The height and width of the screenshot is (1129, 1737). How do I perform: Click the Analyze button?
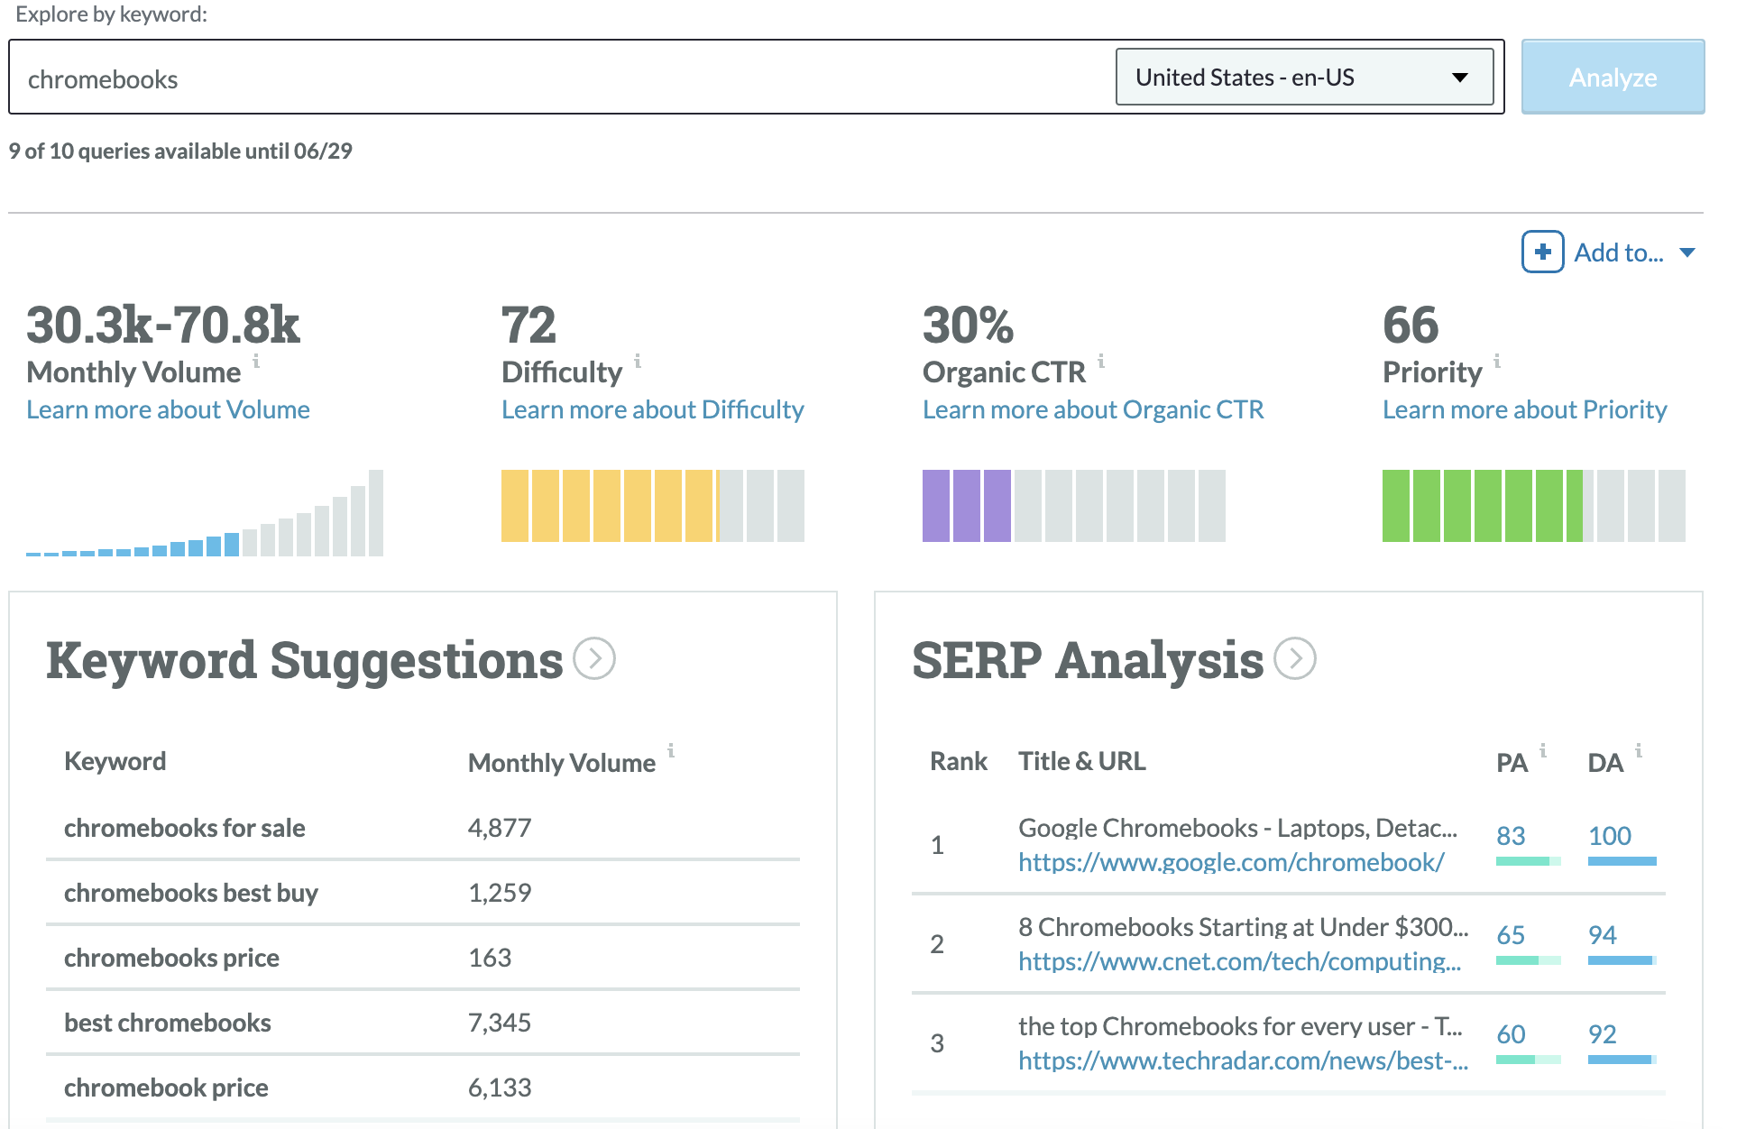tap(1612, 78)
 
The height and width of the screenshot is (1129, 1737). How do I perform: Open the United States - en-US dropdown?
tap(1303, 78)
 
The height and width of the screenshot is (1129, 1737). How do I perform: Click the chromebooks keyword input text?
tap(103, 79)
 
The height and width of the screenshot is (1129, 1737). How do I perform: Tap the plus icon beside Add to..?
tap(1542, 252)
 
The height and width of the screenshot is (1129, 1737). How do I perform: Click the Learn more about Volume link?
tap(168, 409)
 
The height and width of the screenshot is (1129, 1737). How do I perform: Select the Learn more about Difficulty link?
tap(652, 409)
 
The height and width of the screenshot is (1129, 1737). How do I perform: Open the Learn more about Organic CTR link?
tap(1092, 409)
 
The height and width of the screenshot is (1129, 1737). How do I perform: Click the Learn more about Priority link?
tap(1524, 409)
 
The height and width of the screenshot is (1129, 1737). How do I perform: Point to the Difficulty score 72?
tap(528, 326)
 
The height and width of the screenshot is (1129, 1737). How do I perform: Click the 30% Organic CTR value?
tap(968, 326)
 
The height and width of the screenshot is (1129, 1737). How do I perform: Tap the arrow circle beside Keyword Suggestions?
tap(595, 658)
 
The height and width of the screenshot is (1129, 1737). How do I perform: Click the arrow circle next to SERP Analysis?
tap(1295, 658)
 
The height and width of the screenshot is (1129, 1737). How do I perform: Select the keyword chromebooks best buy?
tap(190, 893)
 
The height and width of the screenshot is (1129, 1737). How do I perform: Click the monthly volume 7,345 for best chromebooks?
tap(499, 1023)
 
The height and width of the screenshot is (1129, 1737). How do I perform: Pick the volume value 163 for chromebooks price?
tap(490, 958)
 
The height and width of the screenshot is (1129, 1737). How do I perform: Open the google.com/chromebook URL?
tap(1230, 862)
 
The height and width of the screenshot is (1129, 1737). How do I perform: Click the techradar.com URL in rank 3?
tap(1242, 1060)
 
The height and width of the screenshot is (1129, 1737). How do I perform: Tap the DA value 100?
tap(1609, 836)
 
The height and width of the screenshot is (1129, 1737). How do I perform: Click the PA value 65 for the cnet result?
tap(1511, 935)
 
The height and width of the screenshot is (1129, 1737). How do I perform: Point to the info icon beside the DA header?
tap(1639, 750)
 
